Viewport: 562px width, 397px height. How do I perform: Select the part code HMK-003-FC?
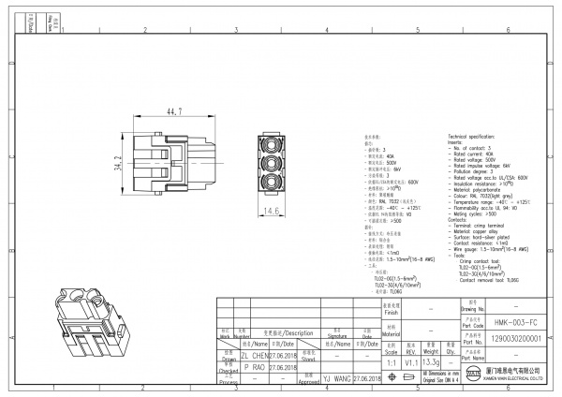[513, 320]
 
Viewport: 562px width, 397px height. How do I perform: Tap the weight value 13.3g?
[432, 361]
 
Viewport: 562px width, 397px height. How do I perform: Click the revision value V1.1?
[410, 361]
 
